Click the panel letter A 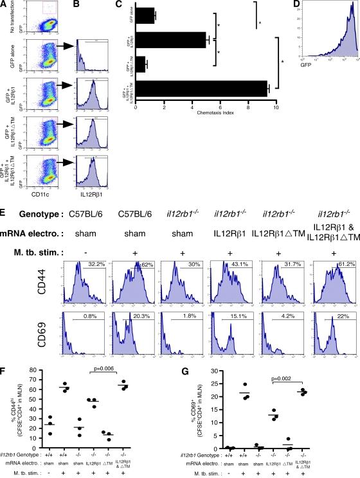point(5,5)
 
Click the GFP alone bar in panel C point(145,15)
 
